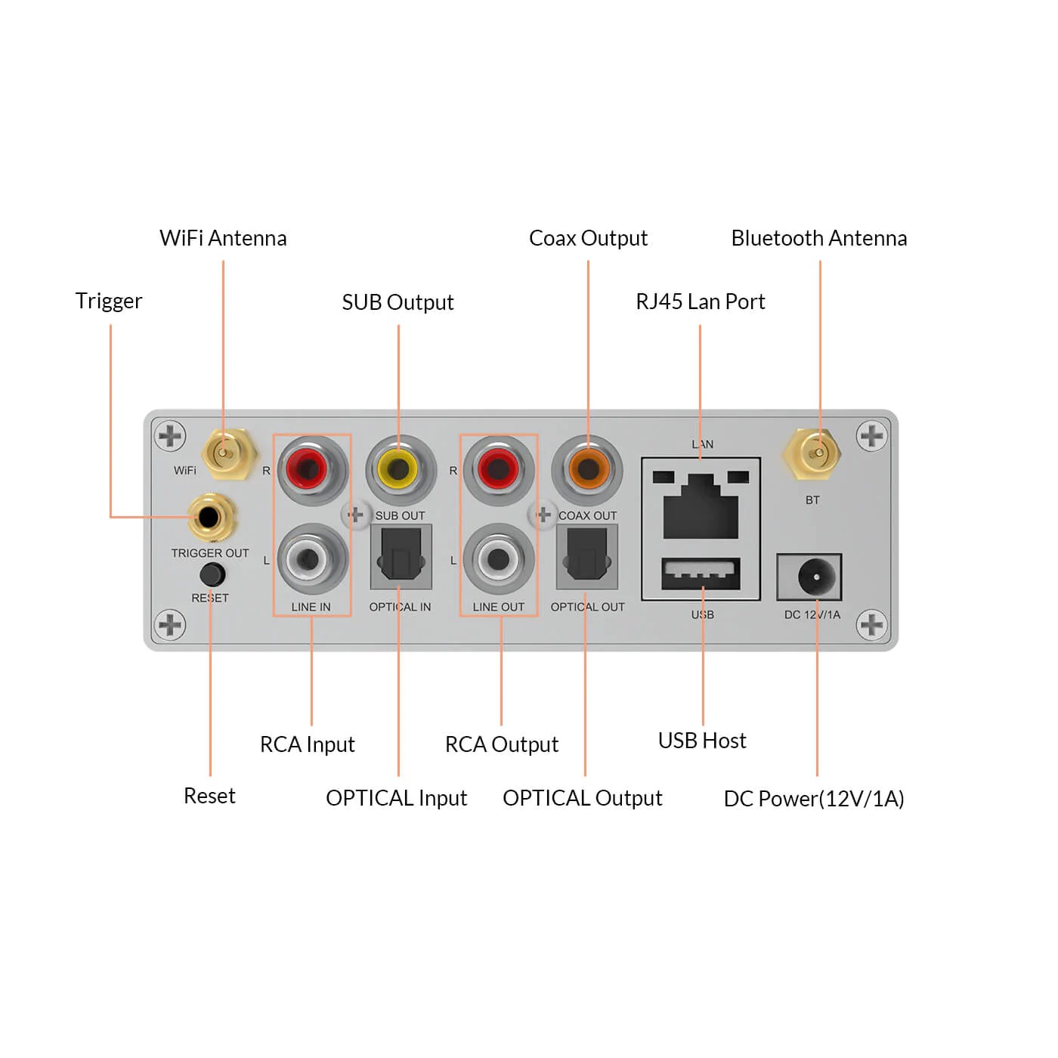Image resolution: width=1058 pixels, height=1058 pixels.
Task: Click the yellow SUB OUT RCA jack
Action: [x=400, y=470]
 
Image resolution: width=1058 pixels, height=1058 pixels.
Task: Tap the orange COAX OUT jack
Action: [x=587, y=470]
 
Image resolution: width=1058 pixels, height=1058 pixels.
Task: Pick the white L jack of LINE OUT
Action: [x=497, y=559]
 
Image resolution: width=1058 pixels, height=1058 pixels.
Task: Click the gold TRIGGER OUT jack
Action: [x=209, y=518]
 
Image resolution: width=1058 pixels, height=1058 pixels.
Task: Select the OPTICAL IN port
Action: [x=401, y=558]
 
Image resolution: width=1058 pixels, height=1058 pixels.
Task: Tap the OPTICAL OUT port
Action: [x=587, y=558]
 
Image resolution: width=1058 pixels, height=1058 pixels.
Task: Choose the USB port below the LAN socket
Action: [x=701, y=574]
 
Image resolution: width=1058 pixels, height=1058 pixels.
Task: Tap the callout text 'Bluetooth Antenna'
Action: [x=818, y=239]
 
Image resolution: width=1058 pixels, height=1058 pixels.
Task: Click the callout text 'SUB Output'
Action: [x=398, y=302]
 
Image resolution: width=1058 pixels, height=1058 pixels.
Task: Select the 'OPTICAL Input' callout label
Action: [x=396, y=798]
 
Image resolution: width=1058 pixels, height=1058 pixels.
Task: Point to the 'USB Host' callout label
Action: [x=701, y=741]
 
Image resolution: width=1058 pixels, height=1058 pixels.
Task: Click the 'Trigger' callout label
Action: [x=109, y=301]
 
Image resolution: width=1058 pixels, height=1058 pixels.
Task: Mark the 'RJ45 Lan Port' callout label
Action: [x=700, y=302]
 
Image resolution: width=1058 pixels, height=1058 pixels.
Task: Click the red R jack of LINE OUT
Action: [x=497, y=470]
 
